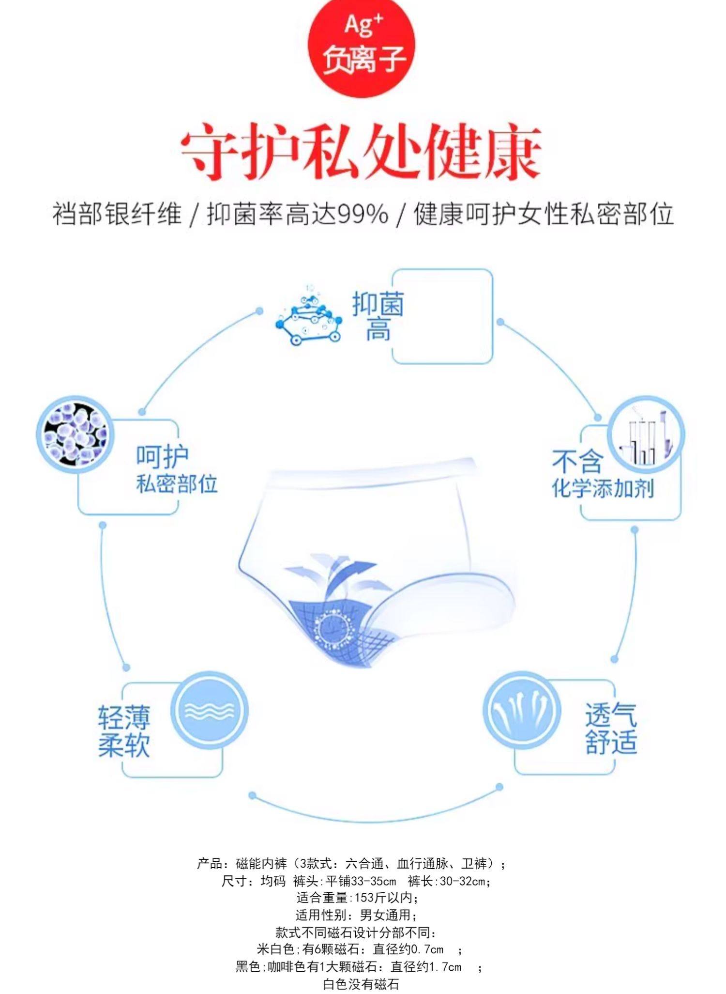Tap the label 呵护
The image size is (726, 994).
tap(162, 455)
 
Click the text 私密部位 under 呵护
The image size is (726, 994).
tap(177, 484)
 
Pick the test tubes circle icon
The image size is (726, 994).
tap(646, 434)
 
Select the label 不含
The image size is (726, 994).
tap(577, 461)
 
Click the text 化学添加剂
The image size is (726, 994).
tap(603, 488)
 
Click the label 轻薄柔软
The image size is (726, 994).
tap(124, 731)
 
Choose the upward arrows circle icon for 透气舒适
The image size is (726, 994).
tap(522, 711)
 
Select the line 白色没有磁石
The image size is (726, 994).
tap(361, 984)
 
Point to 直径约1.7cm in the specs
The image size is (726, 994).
tap(426, 967)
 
